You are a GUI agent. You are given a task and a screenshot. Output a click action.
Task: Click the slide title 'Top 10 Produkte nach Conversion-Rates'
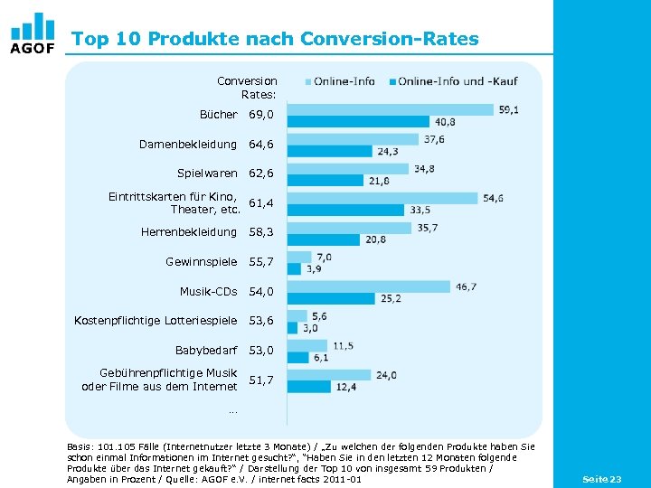(x=275, y=39)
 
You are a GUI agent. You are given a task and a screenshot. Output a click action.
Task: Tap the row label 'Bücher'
(x=218, y=115)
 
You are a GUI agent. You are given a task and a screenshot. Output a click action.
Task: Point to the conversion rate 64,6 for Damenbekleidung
(x=261, y=144)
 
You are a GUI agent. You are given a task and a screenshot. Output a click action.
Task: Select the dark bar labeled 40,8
(x=357, y=122)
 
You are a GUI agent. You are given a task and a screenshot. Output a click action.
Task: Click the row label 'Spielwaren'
(x=206, y=173)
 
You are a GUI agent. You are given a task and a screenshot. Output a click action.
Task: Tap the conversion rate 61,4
(x=261, y=203)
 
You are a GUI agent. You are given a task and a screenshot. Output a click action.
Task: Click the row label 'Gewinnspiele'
(x=201, y=261)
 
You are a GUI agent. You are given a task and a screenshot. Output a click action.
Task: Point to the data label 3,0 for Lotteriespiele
(x=310, y=328)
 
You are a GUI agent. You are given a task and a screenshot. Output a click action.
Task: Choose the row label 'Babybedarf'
(x=205, y=350)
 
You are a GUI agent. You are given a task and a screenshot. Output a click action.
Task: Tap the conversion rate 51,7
(x=261, y=380)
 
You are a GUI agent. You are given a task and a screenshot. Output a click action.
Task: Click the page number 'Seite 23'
(x=601, y=478)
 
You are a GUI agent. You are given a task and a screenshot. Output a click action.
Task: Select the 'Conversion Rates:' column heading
(x=247, y=88)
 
